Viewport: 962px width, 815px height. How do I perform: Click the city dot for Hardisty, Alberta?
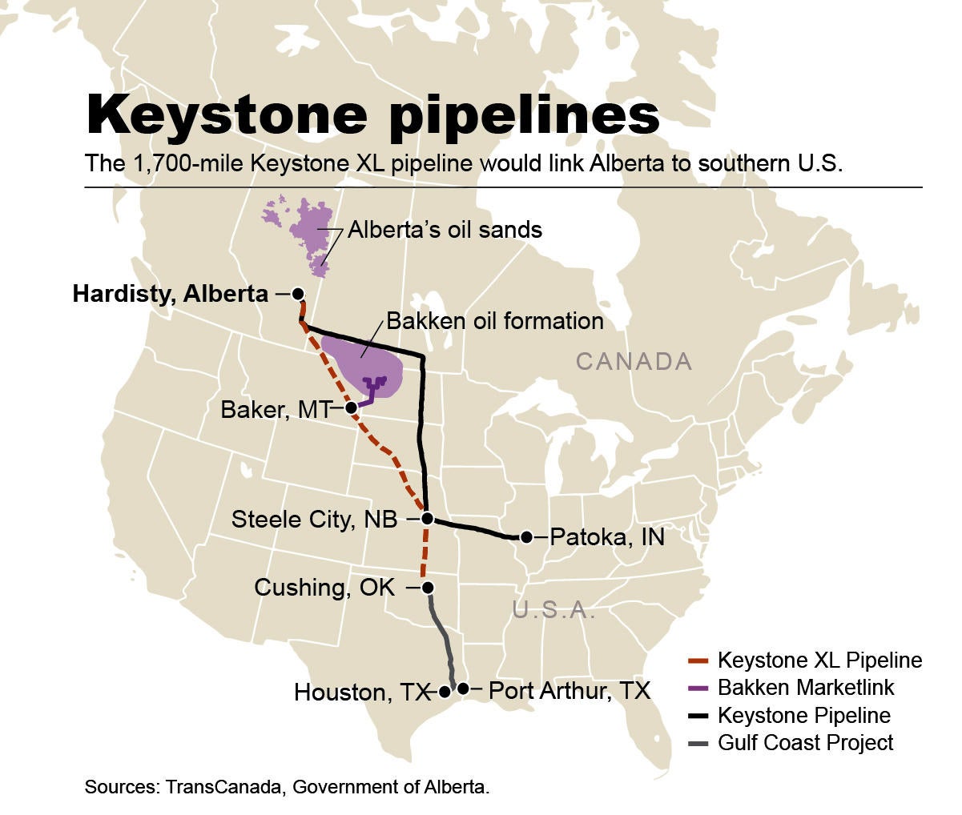click(x=297, y=294)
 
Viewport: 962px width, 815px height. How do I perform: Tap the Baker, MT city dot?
click(x=351, y=407)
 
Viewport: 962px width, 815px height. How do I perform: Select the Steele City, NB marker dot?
click(x=427, y=519)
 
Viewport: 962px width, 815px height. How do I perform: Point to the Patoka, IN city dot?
click(x=526, y=537)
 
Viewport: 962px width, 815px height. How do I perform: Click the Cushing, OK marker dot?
click(x=428, y=588)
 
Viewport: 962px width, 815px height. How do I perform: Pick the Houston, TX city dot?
click(x=445, y=692)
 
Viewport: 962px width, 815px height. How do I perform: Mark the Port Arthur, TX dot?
click(x=462, y=689)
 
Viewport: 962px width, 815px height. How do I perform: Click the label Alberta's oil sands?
click(x=445, y=231)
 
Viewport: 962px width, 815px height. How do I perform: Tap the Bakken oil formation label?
click(x=494, y=322)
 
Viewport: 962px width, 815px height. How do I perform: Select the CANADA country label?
click(x=634, y=362)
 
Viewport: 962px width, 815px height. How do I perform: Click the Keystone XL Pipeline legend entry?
click(x=819, y=661)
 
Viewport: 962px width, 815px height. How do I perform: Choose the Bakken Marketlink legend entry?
click(x=805, y=688)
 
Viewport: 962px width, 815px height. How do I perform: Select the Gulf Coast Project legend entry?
click(x=805, y=742)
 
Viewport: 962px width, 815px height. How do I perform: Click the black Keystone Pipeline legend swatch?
click(x=698, y=716)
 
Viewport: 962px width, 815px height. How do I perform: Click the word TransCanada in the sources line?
click(x=225, y=787)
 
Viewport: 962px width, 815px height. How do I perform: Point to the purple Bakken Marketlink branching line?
click(x=372, y=387)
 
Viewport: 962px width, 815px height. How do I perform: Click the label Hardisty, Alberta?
click(x=170, y=294)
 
